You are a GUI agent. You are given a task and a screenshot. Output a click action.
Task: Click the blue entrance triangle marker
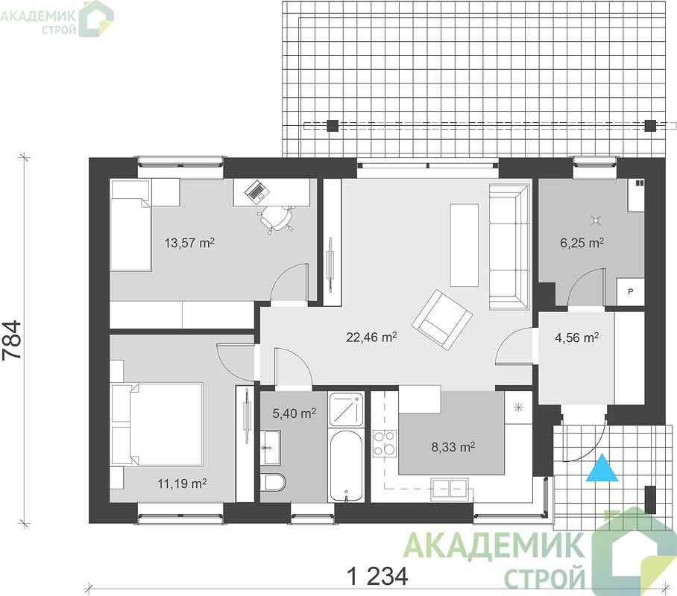(x=602, y=468)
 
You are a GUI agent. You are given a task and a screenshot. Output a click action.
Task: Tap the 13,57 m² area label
(x=189, y=243)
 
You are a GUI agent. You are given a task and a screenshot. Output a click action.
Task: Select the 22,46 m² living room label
(x=371, y=337)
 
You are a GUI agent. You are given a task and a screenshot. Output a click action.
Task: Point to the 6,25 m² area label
(x=582, y=243)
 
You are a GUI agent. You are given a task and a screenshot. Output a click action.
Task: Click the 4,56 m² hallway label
(x=576, y=337)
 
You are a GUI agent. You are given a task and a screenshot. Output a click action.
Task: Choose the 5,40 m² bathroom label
(x=294, y=413)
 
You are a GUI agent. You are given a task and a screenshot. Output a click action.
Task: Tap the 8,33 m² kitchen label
(x=453, y=447)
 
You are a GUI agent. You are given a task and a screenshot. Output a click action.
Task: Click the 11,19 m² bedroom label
(x=182, y=484)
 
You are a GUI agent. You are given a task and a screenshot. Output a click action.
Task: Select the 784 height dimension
(x=12, y=340)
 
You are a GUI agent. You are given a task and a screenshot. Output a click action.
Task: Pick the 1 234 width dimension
(x=377, y=576)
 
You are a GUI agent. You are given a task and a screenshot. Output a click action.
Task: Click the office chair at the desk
(x=277, y=218)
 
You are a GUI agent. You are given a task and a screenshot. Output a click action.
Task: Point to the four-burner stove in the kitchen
(x=384, y=443)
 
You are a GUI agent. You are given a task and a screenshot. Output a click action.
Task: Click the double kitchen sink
(x=450, y=489)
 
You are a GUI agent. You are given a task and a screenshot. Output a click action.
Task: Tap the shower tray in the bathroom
(x=346, y=410)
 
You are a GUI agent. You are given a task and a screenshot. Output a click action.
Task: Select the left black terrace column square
(x=333, y=126)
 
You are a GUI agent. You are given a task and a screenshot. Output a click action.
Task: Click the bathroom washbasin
(x=271, y=448)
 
